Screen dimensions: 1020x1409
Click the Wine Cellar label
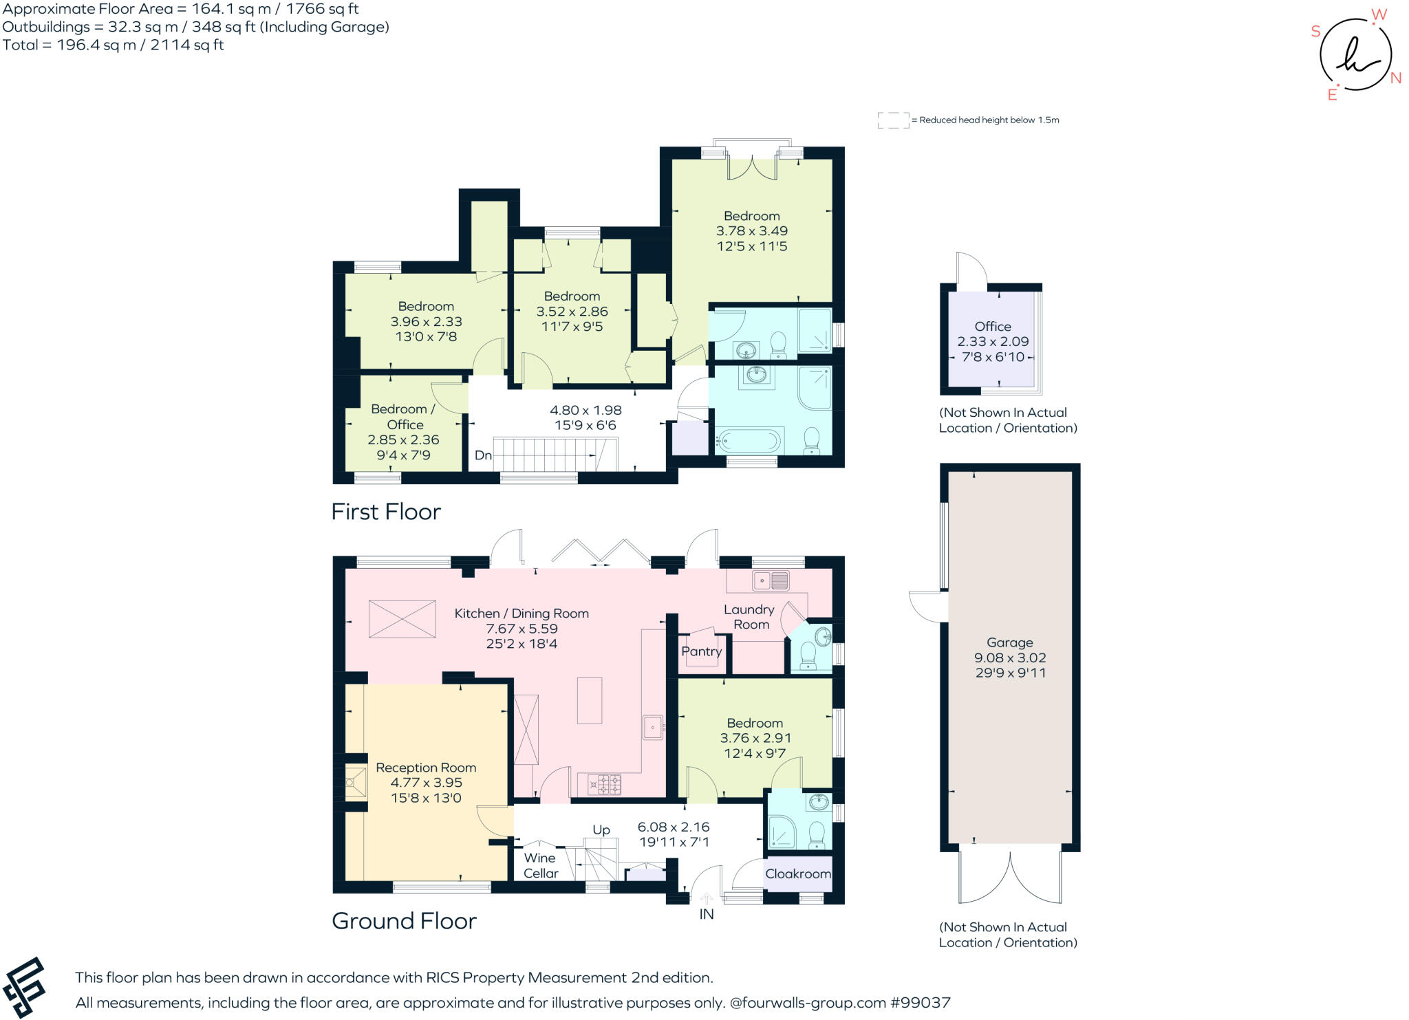[540, 865]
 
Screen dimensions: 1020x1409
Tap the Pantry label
[701, 651]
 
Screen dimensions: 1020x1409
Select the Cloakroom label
[797, 873]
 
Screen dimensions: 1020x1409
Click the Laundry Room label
[749, 617]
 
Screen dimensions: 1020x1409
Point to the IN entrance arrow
[707, 898]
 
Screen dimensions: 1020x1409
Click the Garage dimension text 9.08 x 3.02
[1009, 658]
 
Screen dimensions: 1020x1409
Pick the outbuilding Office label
[993, 326]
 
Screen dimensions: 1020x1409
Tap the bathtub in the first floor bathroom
[749, 439]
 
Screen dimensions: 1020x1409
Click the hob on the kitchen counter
[604, 783]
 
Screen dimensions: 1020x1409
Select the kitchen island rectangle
[590, 700]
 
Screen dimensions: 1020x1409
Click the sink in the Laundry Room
[771, 580]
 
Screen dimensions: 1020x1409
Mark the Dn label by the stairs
[483, 455]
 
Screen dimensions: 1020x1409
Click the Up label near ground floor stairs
[601, 829]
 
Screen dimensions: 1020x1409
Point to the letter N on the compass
[1396, 78]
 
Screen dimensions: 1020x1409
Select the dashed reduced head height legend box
[893, 120]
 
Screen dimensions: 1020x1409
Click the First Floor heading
[385, 512]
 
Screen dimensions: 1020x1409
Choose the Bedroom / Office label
[403, 416]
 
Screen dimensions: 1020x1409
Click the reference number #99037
[921, 1003]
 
